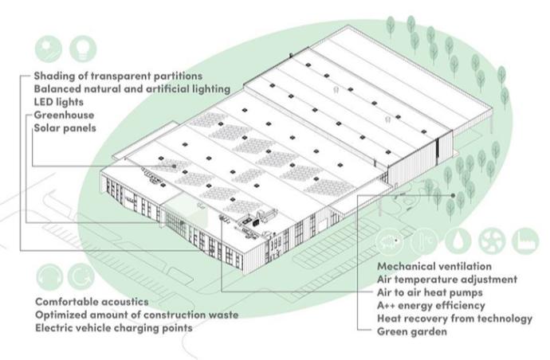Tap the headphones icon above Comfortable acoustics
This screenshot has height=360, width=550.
point(47,278)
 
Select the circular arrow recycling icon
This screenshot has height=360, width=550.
point(79,278)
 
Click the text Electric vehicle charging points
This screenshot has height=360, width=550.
point(113,327)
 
